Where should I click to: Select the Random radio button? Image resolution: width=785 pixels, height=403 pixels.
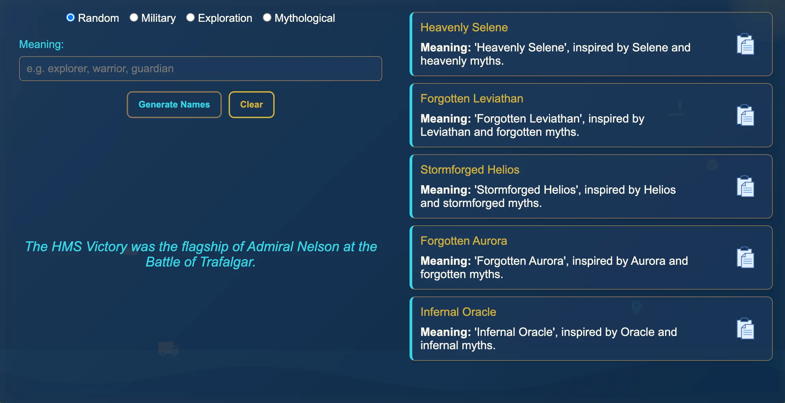(71, 18)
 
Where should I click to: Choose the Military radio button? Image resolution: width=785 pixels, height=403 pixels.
(134, 18)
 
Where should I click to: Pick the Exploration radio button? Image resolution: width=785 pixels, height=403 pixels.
(190, 18)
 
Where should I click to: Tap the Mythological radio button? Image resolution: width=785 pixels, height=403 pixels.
(267, 18)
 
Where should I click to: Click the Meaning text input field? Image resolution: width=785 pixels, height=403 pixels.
(200, 68)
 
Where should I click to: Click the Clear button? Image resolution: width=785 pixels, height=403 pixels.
(251, 104)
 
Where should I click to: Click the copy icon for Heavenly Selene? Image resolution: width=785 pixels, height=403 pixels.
(745, 44)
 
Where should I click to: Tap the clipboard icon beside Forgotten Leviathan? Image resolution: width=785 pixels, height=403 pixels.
(745, 115)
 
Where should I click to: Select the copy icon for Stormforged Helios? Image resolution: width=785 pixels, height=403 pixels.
(745, 187)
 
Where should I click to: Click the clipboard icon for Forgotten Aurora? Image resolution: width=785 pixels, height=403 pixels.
(745, 258)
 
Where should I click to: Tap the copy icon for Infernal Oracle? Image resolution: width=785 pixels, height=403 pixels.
(745, 329)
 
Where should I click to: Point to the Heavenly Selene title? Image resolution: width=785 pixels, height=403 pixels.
(464, 27)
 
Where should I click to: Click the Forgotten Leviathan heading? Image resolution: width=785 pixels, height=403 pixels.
(472, 98)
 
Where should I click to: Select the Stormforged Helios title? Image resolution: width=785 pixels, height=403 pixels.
(470, 170)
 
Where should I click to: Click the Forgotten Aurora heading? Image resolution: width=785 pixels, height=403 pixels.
(464, 241)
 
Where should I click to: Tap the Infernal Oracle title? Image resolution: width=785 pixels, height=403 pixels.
(458, 312)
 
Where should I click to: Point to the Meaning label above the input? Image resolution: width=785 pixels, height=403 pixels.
(41, 44)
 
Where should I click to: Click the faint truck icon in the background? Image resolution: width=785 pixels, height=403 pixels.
(168, 349)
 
